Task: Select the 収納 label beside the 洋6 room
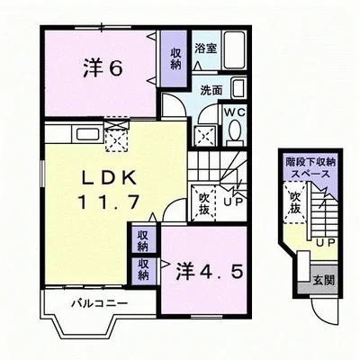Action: coord(174,58)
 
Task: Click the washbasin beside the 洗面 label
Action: coord(237,88)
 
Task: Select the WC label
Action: coord(233,112)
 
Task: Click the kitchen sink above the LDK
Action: coord(87,136)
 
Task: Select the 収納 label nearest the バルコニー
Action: coord(142,269)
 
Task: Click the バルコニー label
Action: coord(99,304)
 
